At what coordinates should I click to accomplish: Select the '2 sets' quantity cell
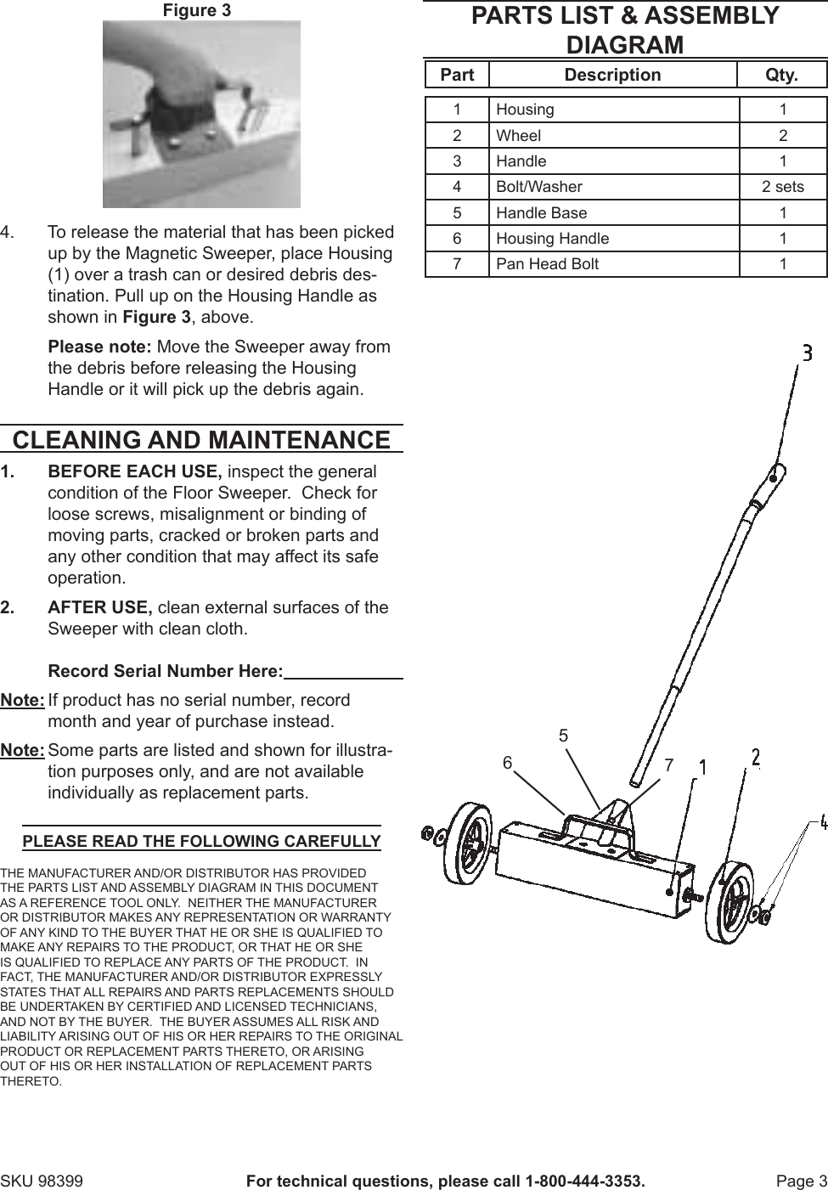click(x=782, y=187)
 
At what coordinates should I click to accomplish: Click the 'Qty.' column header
click(x=782, y=75)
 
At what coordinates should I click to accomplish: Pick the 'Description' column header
click(x=612, y=75)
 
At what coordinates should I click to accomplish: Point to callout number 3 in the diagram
click(x=807, y=352)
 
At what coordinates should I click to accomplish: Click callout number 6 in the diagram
click(x=507, y=763)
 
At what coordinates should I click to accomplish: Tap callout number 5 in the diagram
click(x=563, y=736)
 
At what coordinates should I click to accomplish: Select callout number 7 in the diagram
click(x=668, y=765)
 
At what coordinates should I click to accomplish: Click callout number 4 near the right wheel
click(x=823, y=822)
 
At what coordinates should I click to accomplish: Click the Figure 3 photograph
click(x=201, y=115)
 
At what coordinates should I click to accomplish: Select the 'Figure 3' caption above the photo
click(x=196, y=10)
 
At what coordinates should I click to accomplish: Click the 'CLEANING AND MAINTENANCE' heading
click(x=201, y=440)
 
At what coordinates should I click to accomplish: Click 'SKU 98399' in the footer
click(x=42, y=1182)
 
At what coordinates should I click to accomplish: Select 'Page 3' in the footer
click(x=801, y=1182)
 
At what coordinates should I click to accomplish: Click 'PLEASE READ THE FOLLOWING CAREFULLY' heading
click(x=201, y=842)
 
